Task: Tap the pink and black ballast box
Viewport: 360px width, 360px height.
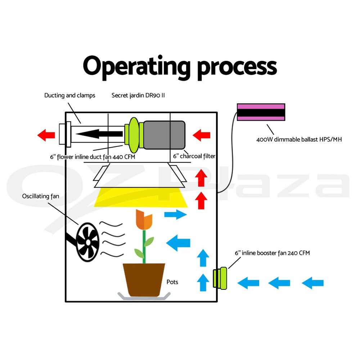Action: [x=261, y=112]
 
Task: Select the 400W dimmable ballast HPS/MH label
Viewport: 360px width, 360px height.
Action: [x=299, y=139]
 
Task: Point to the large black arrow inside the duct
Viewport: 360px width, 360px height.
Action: [x=99, y=134]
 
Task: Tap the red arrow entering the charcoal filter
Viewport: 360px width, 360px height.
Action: [x=201, y=136]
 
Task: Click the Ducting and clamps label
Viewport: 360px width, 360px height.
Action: [x=70, y=95]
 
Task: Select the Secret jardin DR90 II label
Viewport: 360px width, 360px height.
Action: [x=138, y=95]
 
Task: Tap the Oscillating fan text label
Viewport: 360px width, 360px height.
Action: [x=41, y=196]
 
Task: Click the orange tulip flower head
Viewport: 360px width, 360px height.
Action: [x=144, y=220]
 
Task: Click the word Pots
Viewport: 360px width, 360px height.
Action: [x=172, y=282]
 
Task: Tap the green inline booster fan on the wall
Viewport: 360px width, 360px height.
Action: [x=219, y=278]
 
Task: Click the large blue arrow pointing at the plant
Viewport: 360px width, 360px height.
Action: [x=178, y=242]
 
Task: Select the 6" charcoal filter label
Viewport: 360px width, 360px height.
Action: [x=194, y=156]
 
